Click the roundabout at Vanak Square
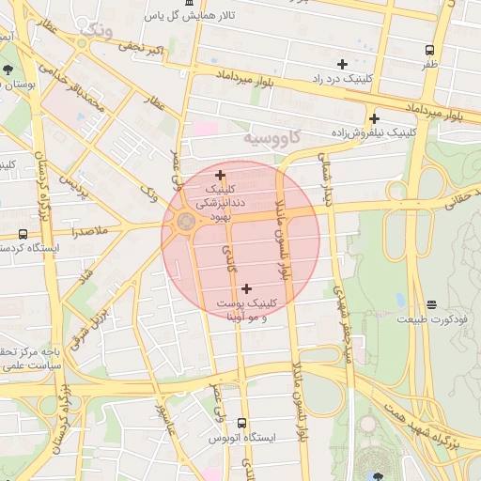(185, 223)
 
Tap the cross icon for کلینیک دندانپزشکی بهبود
(220, 175)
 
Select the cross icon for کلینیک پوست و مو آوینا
(246, 289)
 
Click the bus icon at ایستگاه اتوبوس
(242, 424)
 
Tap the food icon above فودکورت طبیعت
(430, 304)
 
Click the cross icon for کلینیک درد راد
(342, 64)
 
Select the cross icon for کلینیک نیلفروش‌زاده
(374, 119)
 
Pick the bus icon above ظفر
(429, 50)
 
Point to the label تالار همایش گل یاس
(188, 16)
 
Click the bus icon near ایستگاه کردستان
(23, 234)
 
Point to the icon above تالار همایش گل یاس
(190, 3)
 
